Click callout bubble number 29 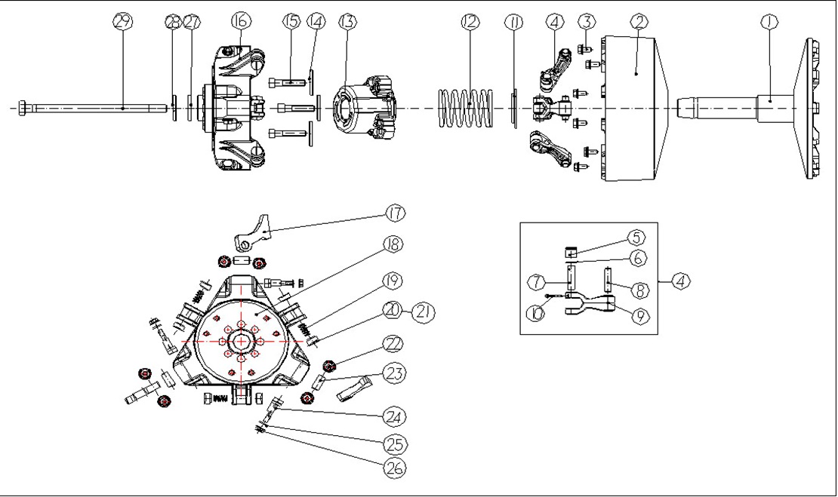coord(122,21)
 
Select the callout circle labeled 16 coord(240,21)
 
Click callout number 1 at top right coord(769,22)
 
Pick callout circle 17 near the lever coord(395,213)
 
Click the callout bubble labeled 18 coord(393,245)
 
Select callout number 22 coord(393,342)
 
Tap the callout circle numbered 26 coord(393,468)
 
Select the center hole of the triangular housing coord(241,342)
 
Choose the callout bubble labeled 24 coord(393,416)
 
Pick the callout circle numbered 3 coord(588,22)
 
